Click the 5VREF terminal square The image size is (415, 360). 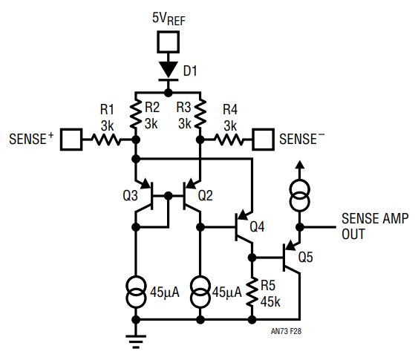168,42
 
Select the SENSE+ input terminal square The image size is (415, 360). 71,140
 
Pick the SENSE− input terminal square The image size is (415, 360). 263,140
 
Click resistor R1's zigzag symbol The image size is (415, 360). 106,140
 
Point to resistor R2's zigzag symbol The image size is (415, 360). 136,114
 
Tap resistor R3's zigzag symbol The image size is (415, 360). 200,114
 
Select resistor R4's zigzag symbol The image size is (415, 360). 229,140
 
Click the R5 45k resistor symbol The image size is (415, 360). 252,292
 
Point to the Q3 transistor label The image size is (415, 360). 130,196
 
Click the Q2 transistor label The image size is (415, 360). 206,196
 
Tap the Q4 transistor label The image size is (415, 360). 257,227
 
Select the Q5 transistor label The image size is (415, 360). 305,257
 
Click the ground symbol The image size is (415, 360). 136,341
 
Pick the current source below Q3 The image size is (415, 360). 136,292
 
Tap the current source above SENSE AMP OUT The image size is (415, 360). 300,195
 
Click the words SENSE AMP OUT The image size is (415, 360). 375,226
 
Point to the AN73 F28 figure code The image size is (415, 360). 286,331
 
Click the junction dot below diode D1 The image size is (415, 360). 168,93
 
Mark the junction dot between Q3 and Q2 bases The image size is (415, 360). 168,196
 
